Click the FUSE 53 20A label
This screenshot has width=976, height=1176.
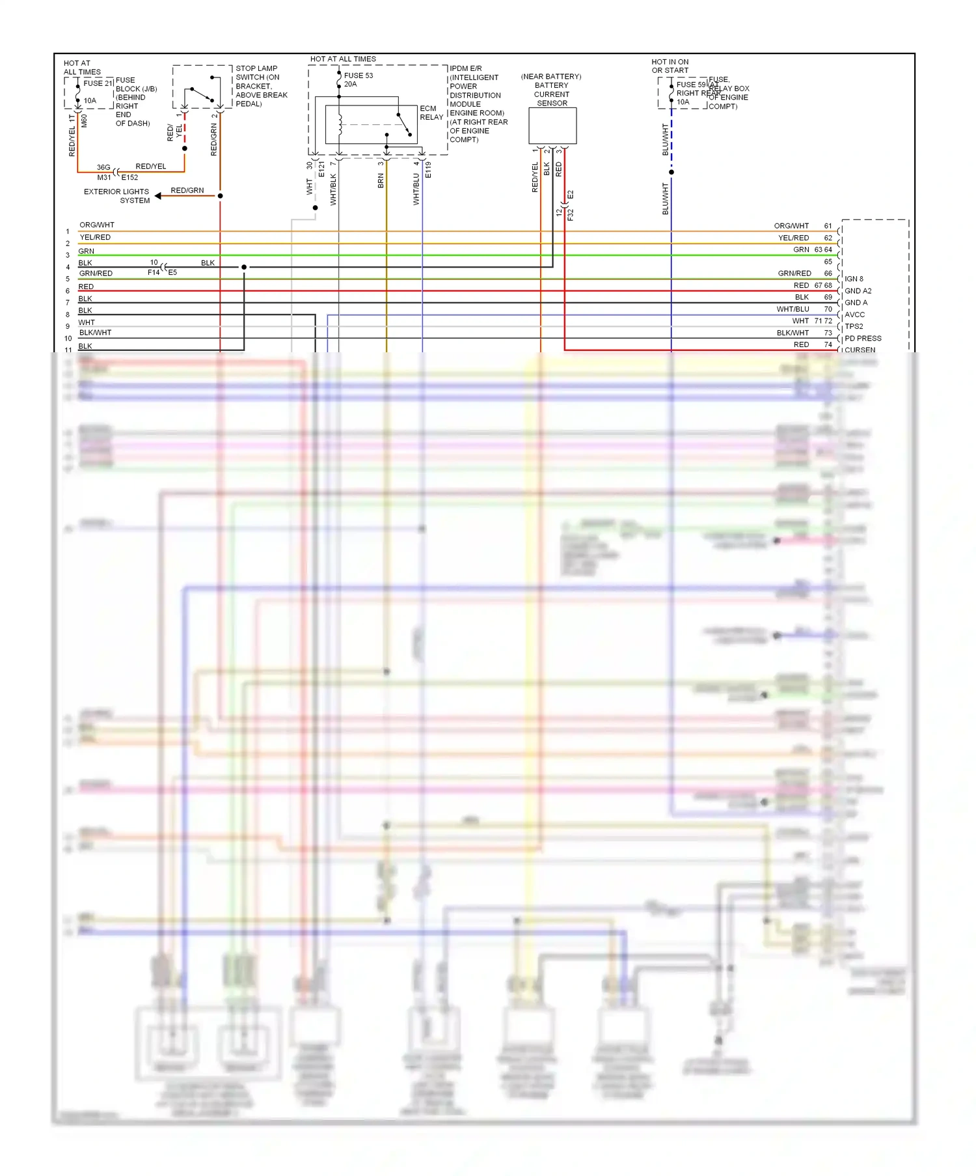[358, 79]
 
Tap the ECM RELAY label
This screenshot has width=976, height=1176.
[431, 113]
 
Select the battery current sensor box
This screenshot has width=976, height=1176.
[552, 126]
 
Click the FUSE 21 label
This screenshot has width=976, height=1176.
[98, 83]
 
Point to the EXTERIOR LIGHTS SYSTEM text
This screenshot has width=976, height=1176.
[117, 196]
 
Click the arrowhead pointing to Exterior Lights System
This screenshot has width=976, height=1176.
[158, 195]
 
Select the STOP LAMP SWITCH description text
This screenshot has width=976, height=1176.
[261, 86]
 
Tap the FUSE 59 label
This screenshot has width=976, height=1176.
[691, 85]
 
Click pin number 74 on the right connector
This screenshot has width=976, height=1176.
[828, 344]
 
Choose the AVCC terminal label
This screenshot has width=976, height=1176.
[854, 315]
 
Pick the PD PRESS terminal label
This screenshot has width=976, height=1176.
[863, 339]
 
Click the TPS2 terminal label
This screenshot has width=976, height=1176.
[854, 326]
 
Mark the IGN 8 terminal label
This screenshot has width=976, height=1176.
[854, 279]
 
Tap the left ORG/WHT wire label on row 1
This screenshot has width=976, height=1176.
[96, 225]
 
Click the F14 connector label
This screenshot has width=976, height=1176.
[153, 272]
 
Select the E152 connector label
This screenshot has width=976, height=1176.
[129, 177]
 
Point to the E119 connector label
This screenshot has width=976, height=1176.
[428, 170]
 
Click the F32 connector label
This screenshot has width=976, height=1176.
[571, 214]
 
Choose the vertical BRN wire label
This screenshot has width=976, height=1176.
[381, 180]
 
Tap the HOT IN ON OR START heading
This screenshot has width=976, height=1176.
[670, 66]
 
